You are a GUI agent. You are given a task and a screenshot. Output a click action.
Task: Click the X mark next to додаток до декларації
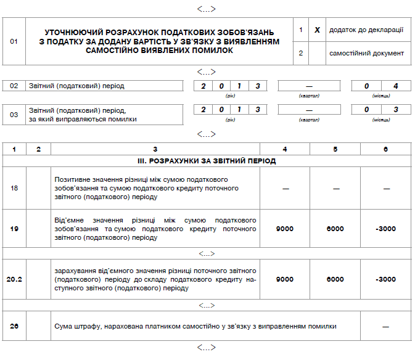[317, 30]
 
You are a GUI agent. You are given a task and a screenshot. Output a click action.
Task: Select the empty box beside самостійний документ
[317, 53]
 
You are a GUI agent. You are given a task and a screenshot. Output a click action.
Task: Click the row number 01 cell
[14, 41]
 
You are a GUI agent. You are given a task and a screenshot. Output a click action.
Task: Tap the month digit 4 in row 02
[396, 86]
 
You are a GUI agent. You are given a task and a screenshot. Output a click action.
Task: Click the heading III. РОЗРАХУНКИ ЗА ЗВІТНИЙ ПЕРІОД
[207, 161]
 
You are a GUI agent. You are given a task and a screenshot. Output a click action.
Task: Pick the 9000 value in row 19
[285, 229]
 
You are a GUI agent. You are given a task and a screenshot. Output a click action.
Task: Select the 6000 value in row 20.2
[335, 279]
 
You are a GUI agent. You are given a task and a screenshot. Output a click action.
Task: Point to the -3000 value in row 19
[385, 229]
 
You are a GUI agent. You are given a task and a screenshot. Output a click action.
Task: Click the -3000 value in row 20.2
[385, 279]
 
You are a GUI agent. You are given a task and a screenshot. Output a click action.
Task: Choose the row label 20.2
[14, 279]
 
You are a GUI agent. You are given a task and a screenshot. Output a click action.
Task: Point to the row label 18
[14, 188]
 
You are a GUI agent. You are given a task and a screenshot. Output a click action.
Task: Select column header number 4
[285, 149]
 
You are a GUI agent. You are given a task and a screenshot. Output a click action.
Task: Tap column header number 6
[385, 149]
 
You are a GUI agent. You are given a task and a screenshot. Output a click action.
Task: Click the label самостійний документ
[366, 53]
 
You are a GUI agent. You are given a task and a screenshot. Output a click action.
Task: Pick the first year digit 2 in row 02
[203, 86]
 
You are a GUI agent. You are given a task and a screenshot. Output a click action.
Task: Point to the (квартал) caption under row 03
[308, 120]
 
